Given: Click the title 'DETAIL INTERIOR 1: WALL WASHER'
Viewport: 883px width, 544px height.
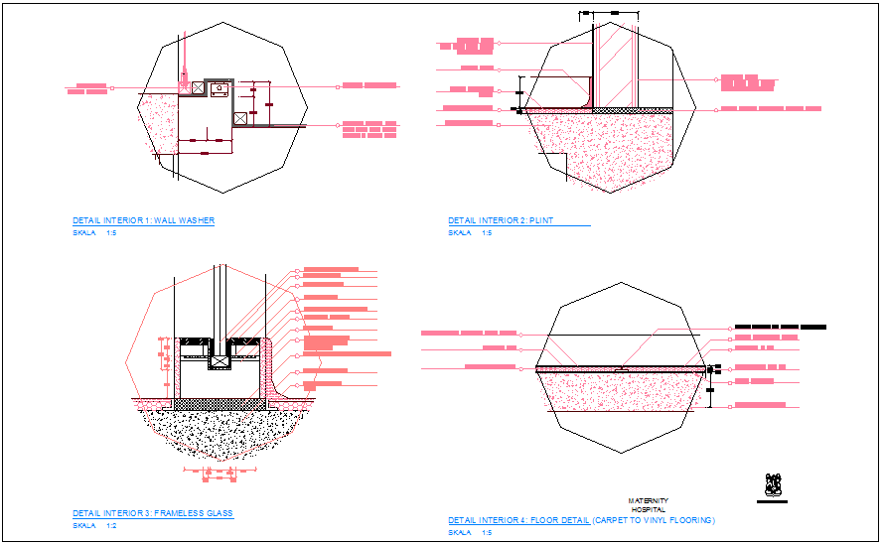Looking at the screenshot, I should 143,220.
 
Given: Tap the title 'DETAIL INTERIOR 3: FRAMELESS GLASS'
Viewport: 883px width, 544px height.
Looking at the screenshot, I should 152,513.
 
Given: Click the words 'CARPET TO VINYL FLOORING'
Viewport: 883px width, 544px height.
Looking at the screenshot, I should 654,520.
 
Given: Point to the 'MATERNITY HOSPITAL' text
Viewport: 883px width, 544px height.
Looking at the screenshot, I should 648,504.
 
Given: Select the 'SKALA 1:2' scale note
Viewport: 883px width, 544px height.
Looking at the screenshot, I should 95,525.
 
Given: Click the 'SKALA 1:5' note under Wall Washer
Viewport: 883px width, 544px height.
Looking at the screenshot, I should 94,232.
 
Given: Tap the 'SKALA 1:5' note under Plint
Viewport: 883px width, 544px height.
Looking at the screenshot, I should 470,232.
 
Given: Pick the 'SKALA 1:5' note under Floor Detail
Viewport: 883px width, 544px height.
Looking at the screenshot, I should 470,532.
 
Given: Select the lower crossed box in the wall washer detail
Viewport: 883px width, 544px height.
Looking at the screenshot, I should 240,119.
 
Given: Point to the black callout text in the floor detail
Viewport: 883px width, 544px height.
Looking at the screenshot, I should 780,326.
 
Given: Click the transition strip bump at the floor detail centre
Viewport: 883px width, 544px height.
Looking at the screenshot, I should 620,367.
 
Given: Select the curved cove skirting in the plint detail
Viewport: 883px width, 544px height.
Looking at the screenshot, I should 585,101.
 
